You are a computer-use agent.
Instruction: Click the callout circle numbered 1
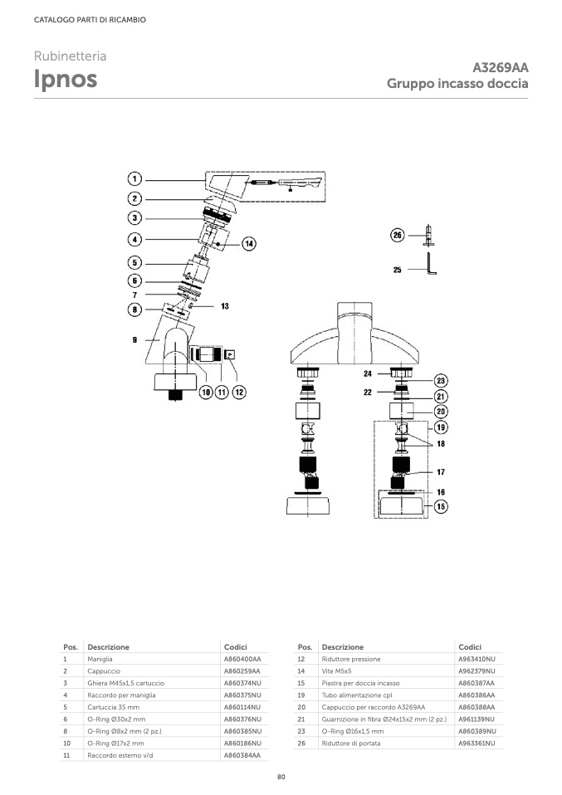point(134,178)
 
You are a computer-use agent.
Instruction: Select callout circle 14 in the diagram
point(249,243)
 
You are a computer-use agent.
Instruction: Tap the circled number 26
point(397,236)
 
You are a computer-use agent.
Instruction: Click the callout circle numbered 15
point(441,505)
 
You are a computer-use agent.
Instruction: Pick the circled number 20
point(441,410)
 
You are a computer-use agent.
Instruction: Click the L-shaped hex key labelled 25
point(432,266)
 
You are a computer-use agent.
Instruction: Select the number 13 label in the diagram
point(224,306)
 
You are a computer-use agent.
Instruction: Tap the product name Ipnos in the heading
point(66,79)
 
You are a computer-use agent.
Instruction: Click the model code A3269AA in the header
point(500,67)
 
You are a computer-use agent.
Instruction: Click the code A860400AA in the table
point(242,659)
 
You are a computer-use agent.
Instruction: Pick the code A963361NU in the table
point(476,744)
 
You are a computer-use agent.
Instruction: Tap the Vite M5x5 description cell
point(337,671)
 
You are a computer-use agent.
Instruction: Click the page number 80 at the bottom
point(281,777)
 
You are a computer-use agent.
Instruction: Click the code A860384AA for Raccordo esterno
point(242,755)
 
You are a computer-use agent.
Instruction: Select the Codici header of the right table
point(470,646)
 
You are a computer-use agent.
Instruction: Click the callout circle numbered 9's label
point(134,339)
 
